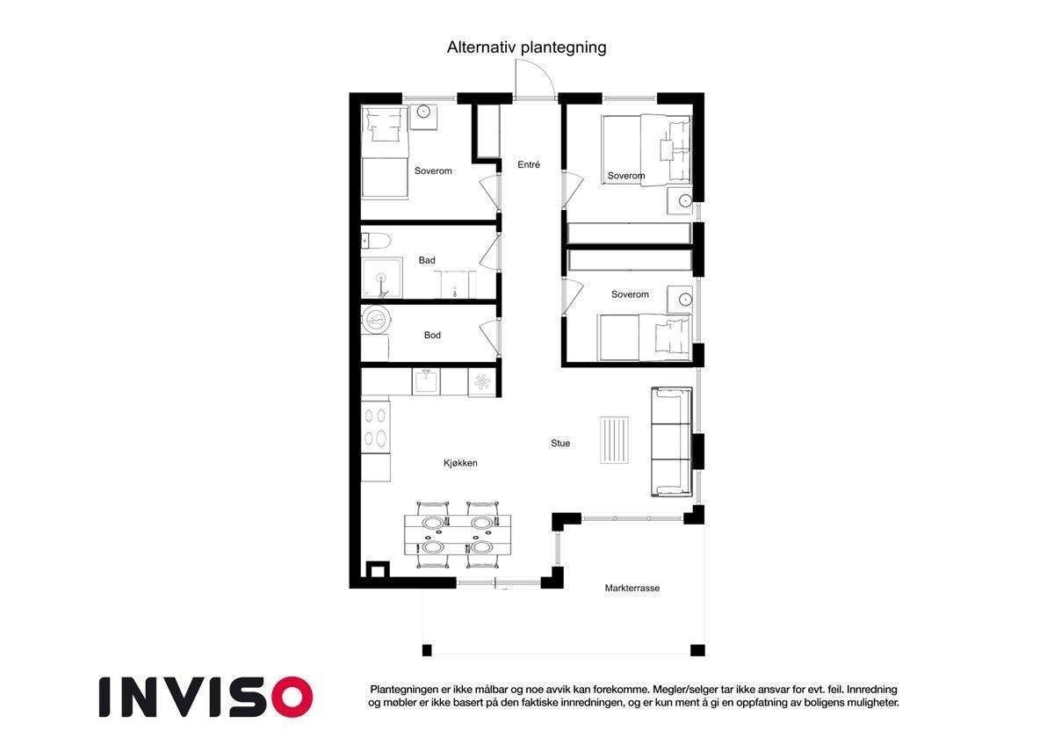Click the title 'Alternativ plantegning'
[526, 47]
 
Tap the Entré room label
[529, 164]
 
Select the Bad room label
[427, 260]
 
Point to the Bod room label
[432, 335]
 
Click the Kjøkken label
[460, 463]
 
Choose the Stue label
[560, 443]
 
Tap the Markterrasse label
[632, 588]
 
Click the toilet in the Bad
[376, 242]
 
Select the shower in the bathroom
[381, 278]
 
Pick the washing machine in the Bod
[376, 320]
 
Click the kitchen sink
[426, 381]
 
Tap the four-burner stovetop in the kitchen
[376, 427]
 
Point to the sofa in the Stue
[671, 442]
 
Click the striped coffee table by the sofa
[614, 440]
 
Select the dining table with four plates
[458, 535]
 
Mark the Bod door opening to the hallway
[490, 337]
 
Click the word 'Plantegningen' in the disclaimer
[404, 690]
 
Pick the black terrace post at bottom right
[697, 650]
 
